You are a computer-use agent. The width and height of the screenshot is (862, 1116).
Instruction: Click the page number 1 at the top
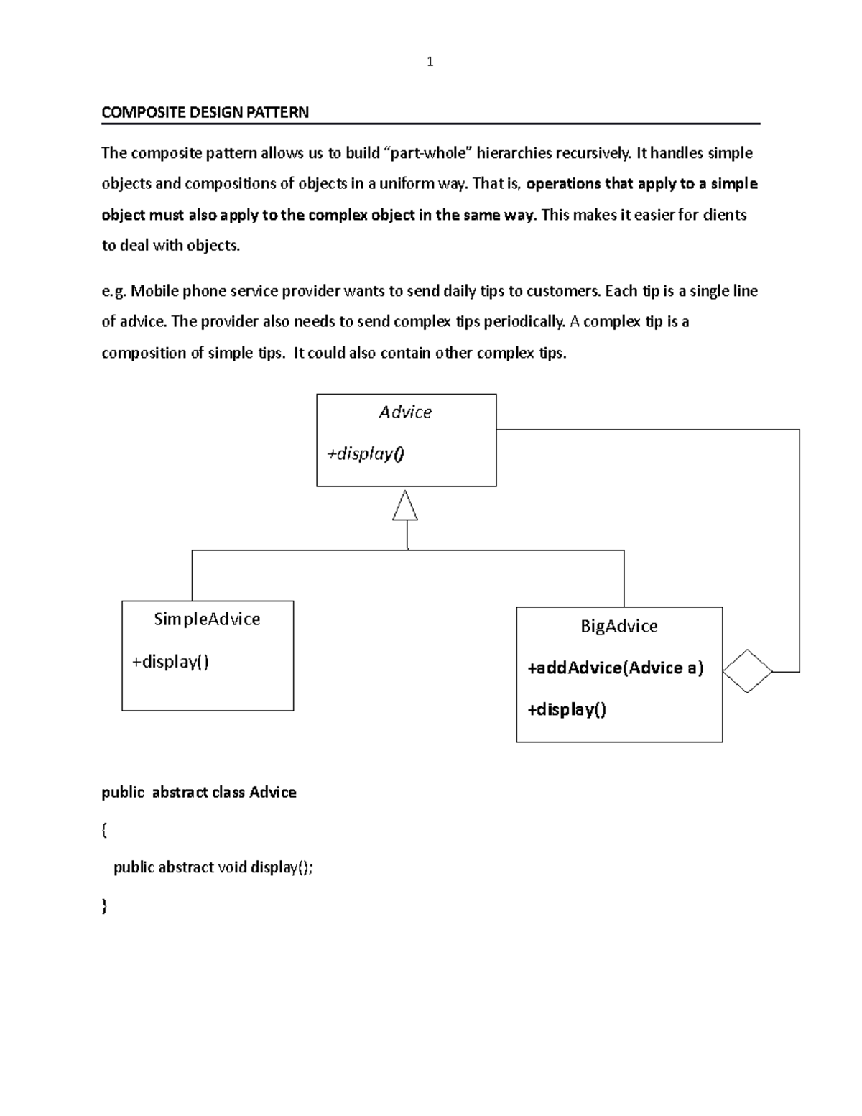tap(430, 63)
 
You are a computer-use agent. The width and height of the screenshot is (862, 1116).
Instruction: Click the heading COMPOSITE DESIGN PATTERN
tap(205, 112)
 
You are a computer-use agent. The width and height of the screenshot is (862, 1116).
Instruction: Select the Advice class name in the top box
tap(405, 412)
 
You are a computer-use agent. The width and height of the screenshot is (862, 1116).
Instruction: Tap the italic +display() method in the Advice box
tap(366, 453)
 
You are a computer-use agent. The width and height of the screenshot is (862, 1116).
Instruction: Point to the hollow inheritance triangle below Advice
tap(405, 507)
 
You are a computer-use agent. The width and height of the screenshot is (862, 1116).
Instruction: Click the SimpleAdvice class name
tap(207, 619)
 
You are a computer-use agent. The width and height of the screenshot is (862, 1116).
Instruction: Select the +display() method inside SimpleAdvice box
tap(170, 661)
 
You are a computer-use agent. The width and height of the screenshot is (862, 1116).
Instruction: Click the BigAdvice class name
tap(618, 627)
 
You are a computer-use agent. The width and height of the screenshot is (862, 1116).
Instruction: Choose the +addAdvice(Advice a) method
tap(615, 668)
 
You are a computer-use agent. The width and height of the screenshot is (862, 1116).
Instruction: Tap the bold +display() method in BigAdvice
tap(567, 710)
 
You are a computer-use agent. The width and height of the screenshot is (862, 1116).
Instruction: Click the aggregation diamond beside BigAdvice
tap(747, 671)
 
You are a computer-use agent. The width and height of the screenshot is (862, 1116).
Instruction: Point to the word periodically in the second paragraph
tap(524, 321)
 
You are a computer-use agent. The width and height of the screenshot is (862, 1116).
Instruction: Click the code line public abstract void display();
tap(213, 867)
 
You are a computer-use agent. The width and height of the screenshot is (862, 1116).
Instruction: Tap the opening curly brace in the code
tap(105, 830)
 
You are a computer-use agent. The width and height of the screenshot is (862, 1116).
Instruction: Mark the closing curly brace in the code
tap(105, 906)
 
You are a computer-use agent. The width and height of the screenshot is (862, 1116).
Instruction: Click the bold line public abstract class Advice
tap(199, 792)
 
